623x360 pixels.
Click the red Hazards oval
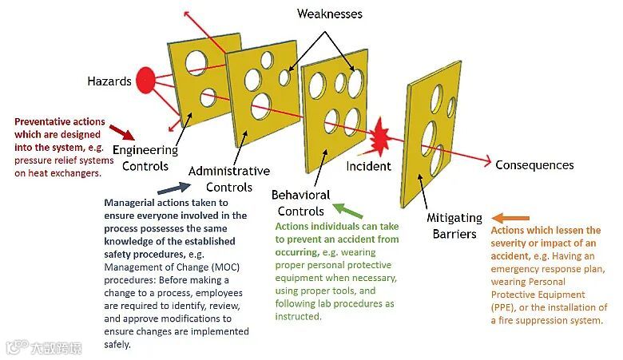coord(145,79)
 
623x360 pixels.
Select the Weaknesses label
coord(329,14)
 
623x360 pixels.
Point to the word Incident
coord(368,166)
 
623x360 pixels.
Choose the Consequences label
coord(534,165)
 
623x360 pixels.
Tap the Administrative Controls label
coord(228,179)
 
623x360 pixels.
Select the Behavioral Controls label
coord(300,203)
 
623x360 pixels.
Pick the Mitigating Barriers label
coord(455,226)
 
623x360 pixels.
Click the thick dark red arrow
coord(121,131)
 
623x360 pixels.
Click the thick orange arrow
coord(510,218)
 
